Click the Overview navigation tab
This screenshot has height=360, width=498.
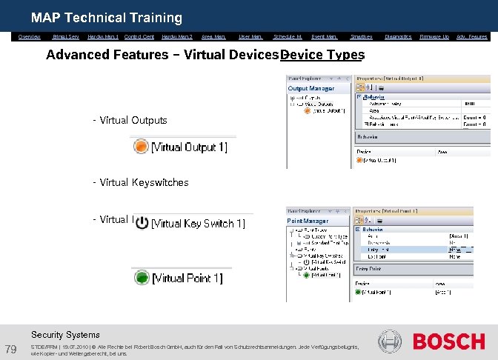click(29, 36)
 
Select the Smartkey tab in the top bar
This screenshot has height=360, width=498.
click(361, 36)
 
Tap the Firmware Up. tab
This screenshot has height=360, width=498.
click(434, 36)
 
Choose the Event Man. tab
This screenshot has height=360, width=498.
click(324, 36)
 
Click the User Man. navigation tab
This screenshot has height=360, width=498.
click(250, 36)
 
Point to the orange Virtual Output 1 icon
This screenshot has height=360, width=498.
click(141, 147)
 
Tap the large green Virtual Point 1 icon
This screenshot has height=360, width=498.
click(141, 278)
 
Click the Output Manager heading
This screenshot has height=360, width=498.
click(311, 88)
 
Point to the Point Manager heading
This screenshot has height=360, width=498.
click(308, 221)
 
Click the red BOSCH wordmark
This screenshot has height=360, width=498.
click(448, 341)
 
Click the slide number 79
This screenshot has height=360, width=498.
click(11, 349)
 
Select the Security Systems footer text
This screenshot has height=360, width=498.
click(65, 335)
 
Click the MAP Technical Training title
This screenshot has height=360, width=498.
click(107, 17)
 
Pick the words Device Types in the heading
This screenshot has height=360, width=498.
click(323, 55)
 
